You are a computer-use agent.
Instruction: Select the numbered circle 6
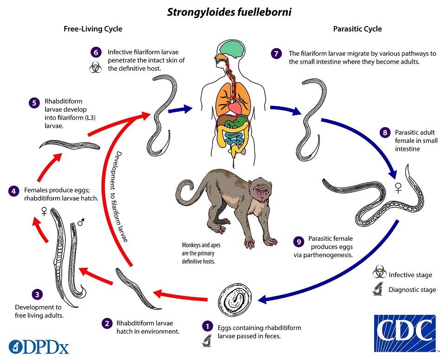(96, 52)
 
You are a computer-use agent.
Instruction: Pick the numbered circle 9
(299, 242)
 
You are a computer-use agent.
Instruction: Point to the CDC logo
(404, 333)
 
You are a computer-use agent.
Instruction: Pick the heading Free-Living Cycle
(93, 29)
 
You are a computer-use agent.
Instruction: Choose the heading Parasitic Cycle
(357, 29)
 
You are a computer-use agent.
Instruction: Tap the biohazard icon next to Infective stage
(379, 274)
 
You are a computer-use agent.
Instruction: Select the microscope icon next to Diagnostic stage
(379, 289)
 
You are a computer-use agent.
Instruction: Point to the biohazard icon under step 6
(95, 68)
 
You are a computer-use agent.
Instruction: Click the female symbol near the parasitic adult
(397, 188)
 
